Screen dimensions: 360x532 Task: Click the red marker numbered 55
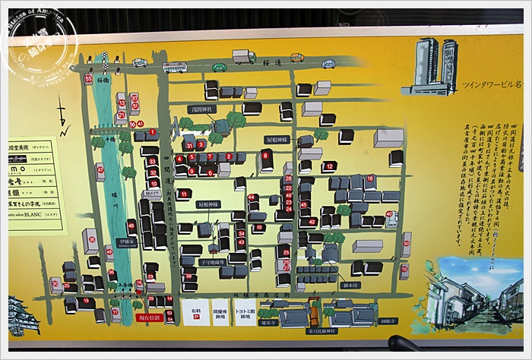click(89, 79)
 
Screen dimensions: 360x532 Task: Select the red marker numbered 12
click(328, 166)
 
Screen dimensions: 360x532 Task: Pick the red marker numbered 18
click(369, 180)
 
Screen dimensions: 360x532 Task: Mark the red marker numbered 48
click(131, 225)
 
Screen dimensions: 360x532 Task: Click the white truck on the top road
click(243, 57)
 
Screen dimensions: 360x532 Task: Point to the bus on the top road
click(174, 68)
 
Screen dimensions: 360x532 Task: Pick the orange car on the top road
click(296, 58)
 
